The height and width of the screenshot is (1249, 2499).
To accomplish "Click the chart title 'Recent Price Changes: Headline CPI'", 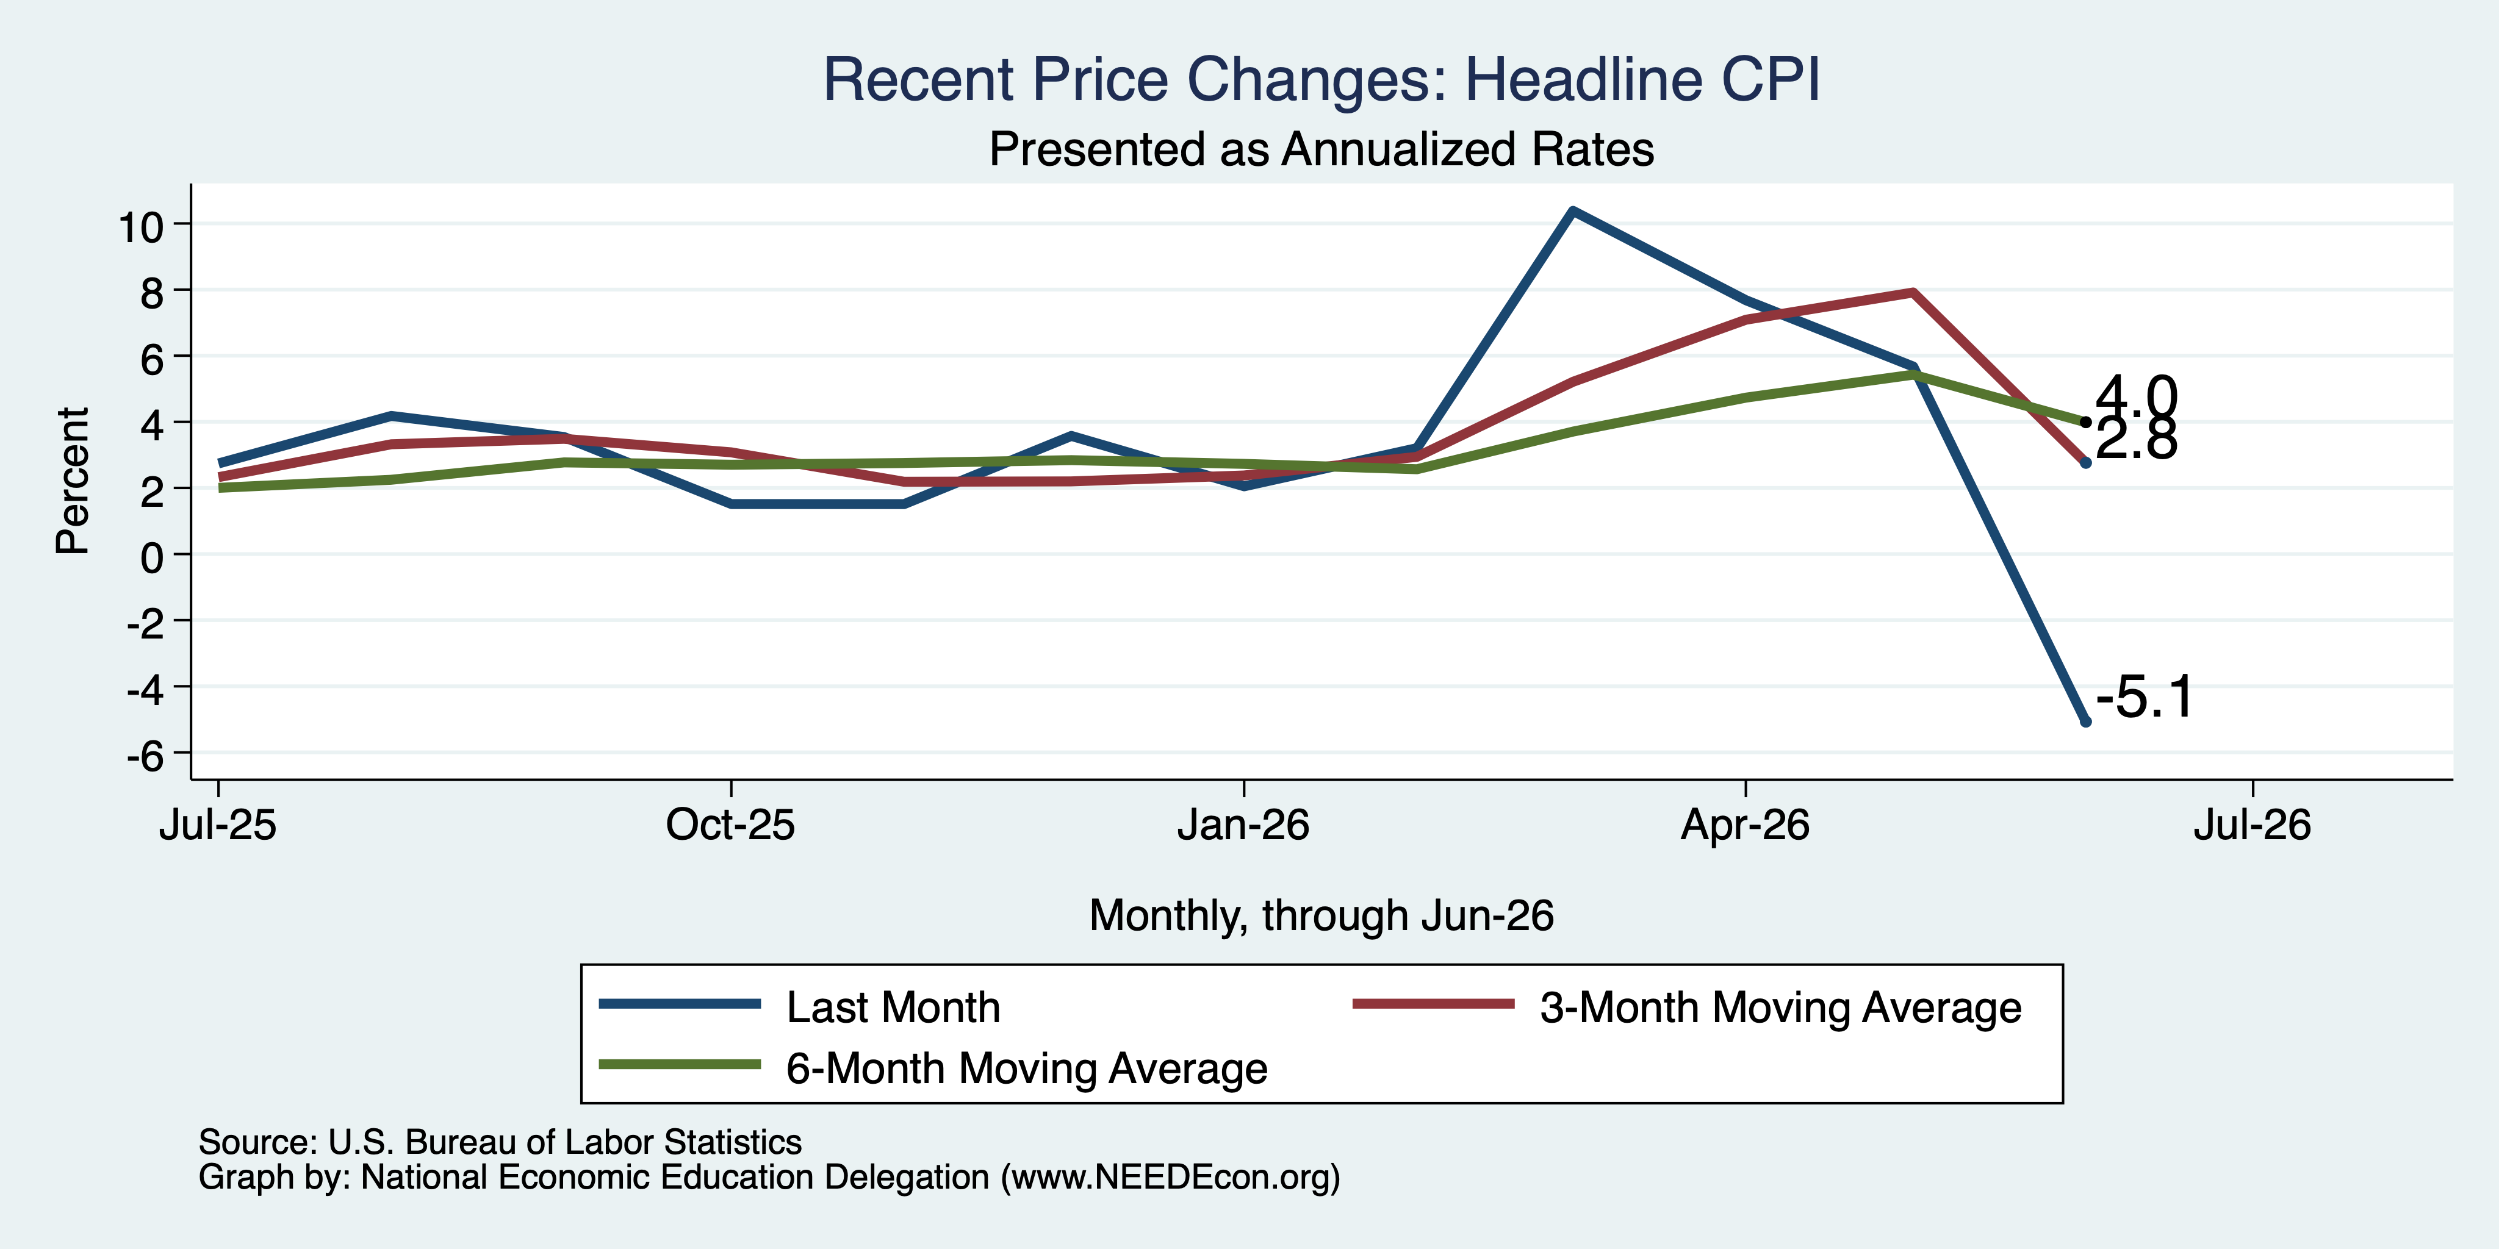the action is pos(1321,79).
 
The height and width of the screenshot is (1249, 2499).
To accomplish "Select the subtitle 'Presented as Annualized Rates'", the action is pos(1321,150).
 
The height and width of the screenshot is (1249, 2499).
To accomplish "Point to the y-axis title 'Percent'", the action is pos(73,481).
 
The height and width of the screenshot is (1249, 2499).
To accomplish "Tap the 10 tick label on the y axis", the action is pos(141,227).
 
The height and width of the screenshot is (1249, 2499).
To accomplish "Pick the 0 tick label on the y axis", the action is pos(153,557).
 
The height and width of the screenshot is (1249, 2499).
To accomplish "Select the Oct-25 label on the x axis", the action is pos(730,825).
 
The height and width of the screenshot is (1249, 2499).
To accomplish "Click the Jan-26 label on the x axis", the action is pos(1243,825).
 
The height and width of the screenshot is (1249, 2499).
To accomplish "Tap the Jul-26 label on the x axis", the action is pos(2253,825).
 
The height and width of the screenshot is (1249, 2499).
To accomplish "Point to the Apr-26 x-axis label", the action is pos(1746,825).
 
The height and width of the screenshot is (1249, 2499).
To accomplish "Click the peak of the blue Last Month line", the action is pos(1572,210).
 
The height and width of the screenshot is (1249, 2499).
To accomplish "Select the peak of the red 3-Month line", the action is pos(1912,292).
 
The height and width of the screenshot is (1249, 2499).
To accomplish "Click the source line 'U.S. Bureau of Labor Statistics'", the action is pos(564,1142).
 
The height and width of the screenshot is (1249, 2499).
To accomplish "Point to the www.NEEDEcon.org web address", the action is pos(1171,1177).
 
